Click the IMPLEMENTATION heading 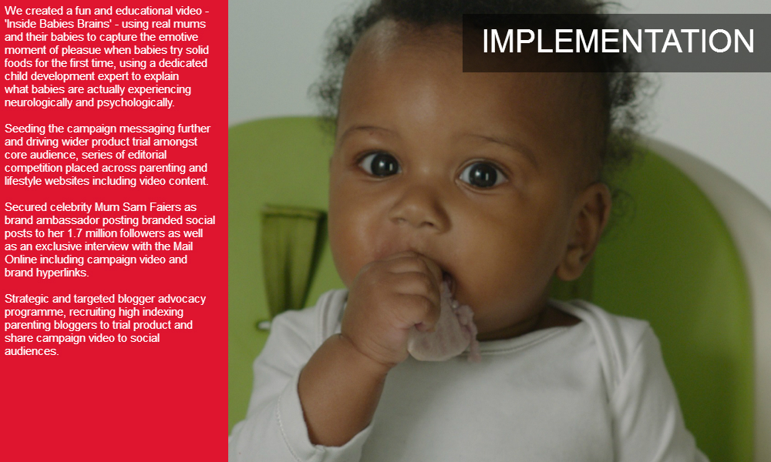point(618,42)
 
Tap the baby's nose point(418,211)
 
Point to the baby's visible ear point(584,231)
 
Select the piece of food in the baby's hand point(445,326)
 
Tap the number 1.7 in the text point(76,233)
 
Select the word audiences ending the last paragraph point(32,352)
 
